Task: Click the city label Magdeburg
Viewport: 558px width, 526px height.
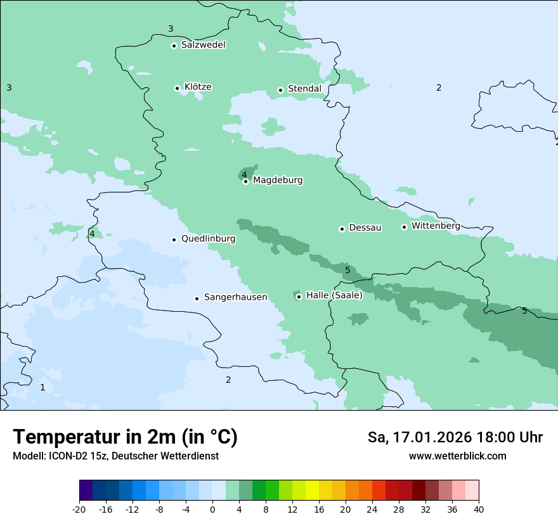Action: pyautogui.click(x=278, y=181)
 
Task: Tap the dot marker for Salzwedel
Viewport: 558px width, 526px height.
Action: pyautogui.click(x=174, y=46)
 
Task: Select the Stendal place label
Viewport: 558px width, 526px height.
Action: pyautogui.click(x=304, y=89)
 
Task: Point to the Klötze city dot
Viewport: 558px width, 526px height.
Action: pyautogui.click(x=177, y=88)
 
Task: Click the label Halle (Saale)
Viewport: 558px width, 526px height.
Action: pyautogui.click(x=334, y=295)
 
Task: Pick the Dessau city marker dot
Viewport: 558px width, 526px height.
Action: pyautogui.click(x=342, y=229)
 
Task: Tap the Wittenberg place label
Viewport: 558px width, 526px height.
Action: pyautogui.click(x=436, y=226)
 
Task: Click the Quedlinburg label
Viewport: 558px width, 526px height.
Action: pyautogui.click(x=208, y=239)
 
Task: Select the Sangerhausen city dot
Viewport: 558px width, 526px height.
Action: pyautogui.click(x=197, y=298)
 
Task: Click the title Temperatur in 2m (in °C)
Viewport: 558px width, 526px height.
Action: pyautogui.click(x=125, y=437)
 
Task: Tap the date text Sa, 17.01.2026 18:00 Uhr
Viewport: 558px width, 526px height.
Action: pyautogui.click(x=455, y=437)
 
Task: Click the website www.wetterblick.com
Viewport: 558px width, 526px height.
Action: pyautogui.click(x=457, y=456)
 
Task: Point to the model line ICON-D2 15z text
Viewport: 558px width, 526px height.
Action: pyautogui.click(x=115, y=456)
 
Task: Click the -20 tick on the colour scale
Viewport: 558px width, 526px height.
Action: pyautogui.click(x=79, y=510)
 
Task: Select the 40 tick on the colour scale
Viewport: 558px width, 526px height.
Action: pyautogui.click(x=479, y=510)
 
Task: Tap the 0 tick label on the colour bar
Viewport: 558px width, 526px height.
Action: pyautogui.click(x=212, y=510)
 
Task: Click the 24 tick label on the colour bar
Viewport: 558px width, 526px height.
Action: pyautogui.click(x=372, y=510)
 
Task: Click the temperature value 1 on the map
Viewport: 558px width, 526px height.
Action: pyautogui.click(x=42, y=387)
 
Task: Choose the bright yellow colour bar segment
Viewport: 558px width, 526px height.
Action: pyautogui.click(x=312, y=491)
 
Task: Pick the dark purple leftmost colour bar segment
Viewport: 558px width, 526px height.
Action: pyautogui.click(x=86, y=491)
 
